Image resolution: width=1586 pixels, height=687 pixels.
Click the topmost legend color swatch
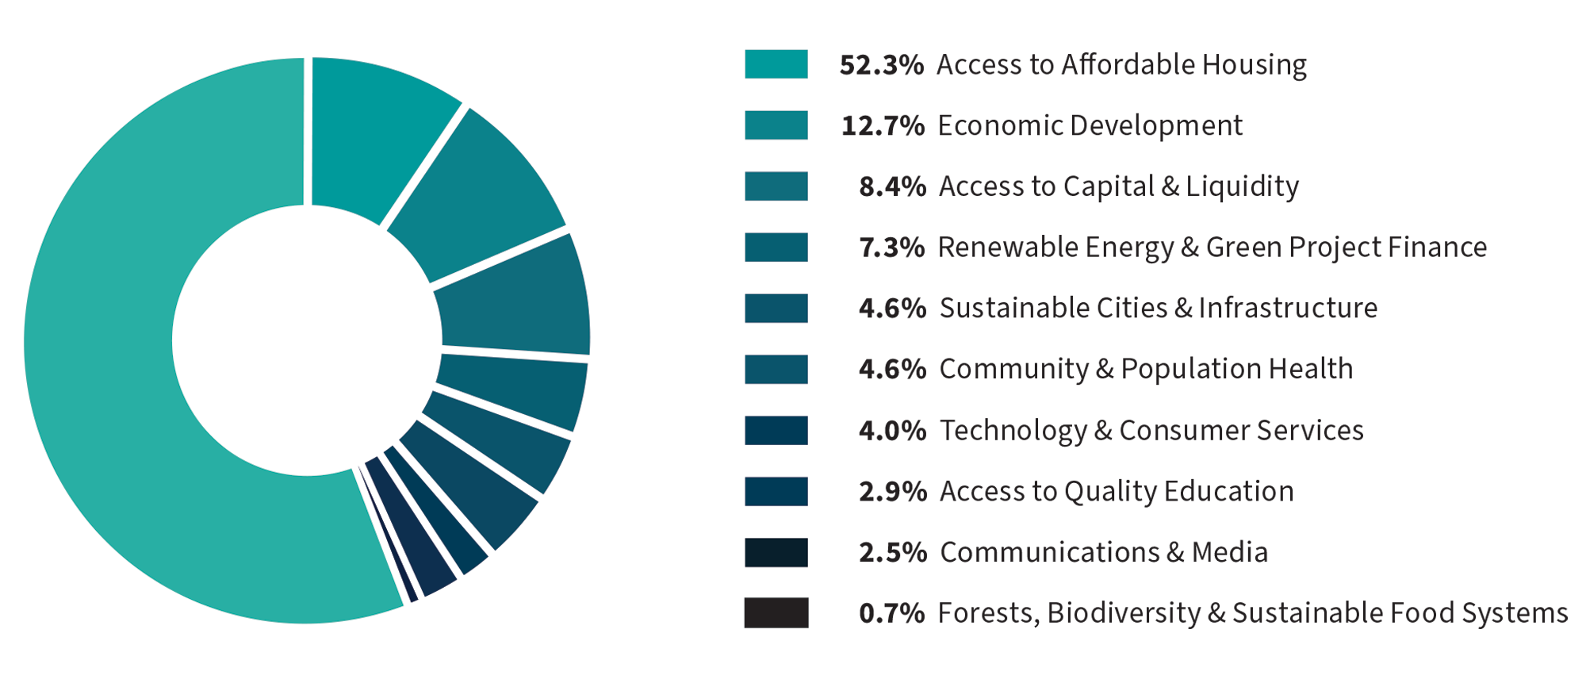776,64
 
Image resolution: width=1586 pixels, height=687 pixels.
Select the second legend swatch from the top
776,125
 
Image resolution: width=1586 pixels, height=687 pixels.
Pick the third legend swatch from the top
776,186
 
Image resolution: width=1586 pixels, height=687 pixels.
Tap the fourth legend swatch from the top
776,248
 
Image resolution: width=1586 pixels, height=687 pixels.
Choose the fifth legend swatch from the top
776,309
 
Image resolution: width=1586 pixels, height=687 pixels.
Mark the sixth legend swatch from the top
776,370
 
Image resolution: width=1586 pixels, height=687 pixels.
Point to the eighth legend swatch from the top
776,492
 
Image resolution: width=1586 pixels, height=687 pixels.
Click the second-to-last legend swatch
776,553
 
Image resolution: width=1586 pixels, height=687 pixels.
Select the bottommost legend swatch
776,613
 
